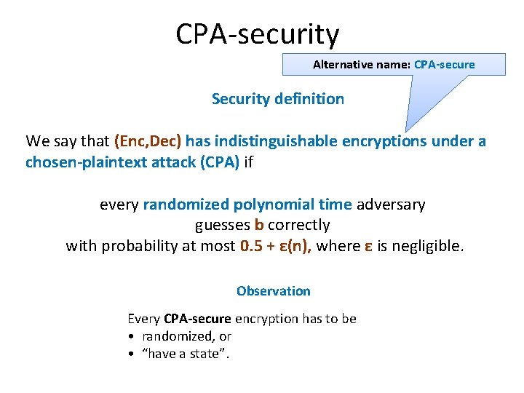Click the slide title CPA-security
tap(257, 34)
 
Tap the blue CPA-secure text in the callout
tap(444, 65)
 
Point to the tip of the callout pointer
tap(407, 130)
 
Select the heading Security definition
tap(277, 99)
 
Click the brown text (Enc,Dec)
tap(148, 141)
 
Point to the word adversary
tap(391, 205)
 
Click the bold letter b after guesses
tap(258, 225)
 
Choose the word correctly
tap(298, 225)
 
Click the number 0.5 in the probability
tap(250, 246)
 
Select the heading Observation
tap(273, 291)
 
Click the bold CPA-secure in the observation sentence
tap(197, 319)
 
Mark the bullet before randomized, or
tap(130, 336)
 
